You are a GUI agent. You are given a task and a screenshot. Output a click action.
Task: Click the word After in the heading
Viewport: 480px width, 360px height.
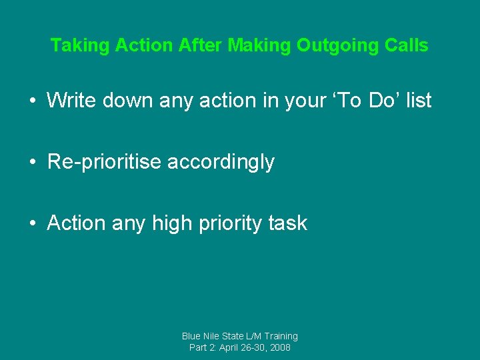[201, 46]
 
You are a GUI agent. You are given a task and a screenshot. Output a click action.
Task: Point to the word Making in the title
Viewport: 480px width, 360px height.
[259, 46]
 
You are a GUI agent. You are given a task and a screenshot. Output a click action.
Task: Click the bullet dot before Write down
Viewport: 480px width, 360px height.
[32, 101]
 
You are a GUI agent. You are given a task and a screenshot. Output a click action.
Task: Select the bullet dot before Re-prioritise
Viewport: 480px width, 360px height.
[32, 163]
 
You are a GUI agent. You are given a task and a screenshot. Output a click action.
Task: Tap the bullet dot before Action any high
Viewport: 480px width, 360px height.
[32, 224]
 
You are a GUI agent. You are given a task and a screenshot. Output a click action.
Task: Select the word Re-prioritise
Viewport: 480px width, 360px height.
[104, 162]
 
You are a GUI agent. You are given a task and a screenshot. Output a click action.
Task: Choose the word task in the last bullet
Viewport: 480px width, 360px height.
[288, 223]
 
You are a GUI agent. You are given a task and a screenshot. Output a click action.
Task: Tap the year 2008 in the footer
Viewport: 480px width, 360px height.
[279, 348]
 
